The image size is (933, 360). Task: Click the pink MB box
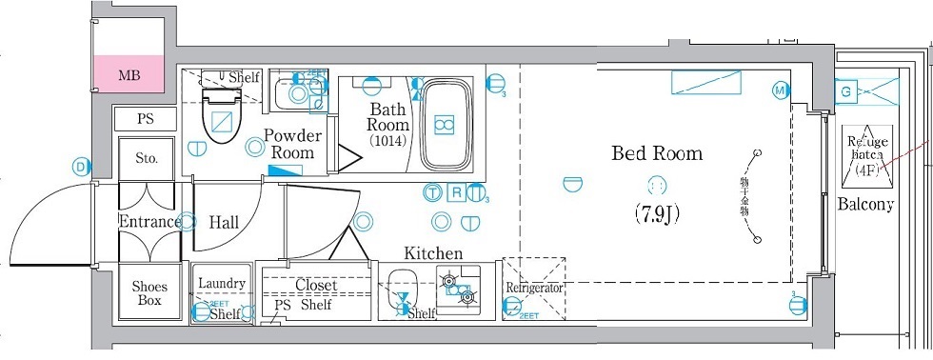(x=129, y=74)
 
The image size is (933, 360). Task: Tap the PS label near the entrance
(x=145, y=120)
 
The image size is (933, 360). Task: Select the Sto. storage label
(x=146, y=158)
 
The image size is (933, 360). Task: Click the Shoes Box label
(x=149, y=293)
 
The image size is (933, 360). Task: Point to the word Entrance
(x=149, y=222)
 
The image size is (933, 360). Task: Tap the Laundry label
(x=222, y=284)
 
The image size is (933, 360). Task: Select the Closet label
(x=315, y=285)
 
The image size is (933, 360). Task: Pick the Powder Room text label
(x=292, y=144)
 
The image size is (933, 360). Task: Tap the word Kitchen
(x=433, y=253)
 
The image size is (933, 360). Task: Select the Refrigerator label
(x=534, y=287)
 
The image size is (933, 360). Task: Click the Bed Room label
(x=657, y=152)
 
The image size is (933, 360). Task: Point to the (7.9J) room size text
(x=657, y=213)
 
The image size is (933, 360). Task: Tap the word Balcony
(x=865, y=204)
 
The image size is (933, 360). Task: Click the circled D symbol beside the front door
(x=81, y=167)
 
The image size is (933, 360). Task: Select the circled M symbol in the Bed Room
(x=781, y=90)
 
